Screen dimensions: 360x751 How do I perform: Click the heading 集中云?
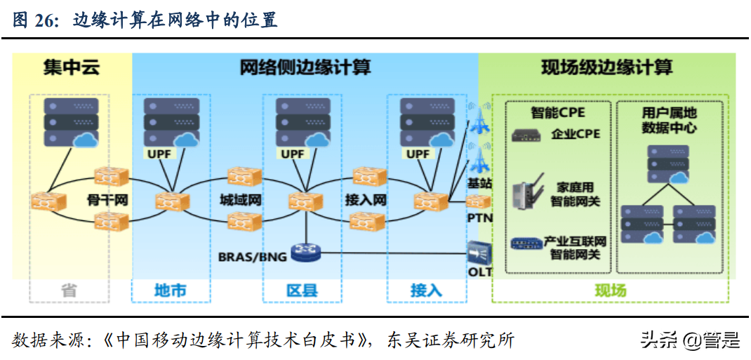tap(71, 68)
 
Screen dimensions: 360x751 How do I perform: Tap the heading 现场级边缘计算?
tap(606, 68)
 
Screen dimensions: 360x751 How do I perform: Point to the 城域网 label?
tap(240, 200)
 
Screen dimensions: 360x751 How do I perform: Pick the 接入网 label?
tap(366, 200)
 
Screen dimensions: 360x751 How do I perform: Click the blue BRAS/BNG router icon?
tap(306, 253)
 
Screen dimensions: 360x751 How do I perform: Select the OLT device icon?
tap(480, 251)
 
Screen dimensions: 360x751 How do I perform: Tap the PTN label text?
tap(480, 218)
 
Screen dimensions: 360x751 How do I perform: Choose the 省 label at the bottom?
tap(69, 290)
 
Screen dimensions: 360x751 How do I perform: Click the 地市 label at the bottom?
tap(171, 290)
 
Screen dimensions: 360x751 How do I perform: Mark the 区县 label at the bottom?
tap(302, 290)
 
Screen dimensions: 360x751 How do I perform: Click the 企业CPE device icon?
tap(526, 135)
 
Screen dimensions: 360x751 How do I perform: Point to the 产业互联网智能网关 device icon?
tap(525, 244)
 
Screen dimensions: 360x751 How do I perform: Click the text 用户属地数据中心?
tap(670, 120)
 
